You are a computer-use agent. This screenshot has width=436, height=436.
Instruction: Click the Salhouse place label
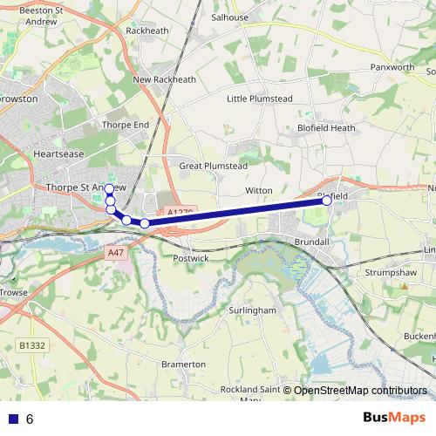[230, 17]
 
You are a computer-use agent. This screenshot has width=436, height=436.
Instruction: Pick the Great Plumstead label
[213, 166]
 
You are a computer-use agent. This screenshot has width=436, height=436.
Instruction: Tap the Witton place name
[259, 190]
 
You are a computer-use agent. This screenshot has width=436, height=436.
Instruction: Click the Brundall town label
[310, 241]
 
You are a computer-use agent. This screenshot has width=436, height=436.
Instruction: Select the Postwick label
[191, 259]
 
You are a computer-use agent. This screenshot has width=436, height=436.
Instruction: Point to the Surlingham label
[252, 310]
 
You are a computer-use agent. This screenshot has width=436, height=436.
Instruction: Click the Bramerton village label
[184, 364]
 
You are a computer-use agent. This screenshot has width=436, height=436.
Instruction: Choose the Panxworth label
[392, 66]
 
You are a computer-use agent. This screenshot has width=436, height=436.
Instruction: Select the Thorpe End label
[126, 125]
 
